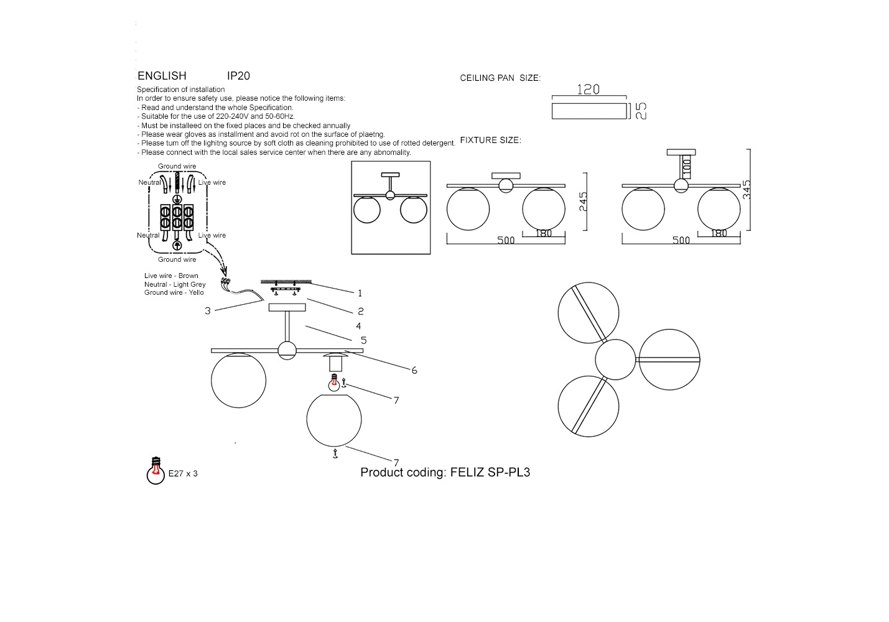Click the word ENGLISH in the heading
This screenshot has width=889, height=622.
162,76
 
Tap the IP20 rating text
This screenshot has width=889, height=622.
238,76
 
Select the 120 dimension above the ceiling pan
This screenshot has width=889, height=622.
588,90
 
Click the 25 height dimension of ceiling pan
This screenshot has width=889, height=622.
641,111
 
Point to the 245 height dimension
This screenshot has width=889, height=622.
583,202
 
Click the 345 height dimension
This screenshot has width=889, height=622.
747,190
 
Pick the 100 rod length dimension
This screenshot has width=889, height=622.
687,165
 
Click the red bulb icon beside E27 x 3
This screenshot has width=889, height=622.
155,471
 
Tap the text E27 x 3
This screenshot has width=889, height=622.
183,473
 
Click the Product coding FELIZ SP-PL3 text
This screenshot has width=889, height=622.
445,472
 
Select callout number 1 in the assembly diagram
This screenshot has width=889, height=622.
360,293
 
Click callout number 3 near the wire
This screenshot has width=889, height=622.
208,310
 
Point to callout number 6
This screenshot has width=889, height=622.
414,370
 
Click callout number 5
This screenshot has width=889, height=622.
363,340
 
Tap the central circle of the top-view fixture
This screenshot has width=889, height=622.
615,359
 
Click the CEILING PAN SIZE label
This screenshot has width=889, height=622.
500,78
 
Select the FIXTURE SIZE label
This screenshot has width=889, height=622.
490,141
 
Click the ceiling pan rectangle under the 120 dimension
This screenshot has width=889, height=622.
589,111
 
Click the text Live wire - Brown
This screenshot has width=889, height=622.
171,276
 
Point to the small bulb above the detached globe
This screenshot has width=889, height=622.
334,384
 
